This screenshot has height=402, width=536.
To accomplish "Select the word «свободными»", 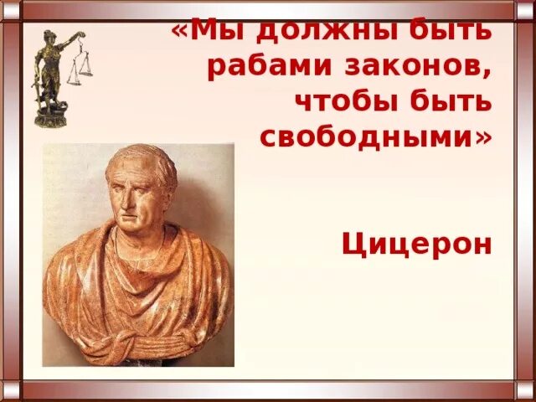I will point(367,137).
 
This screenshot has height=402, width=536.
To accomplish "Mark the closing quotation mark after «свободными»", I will point(484,137).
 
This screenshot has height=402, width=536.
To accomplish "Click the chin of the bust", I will point(131,229).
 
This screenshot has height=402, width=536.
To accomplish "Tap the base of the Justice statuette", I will point(50,117).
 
